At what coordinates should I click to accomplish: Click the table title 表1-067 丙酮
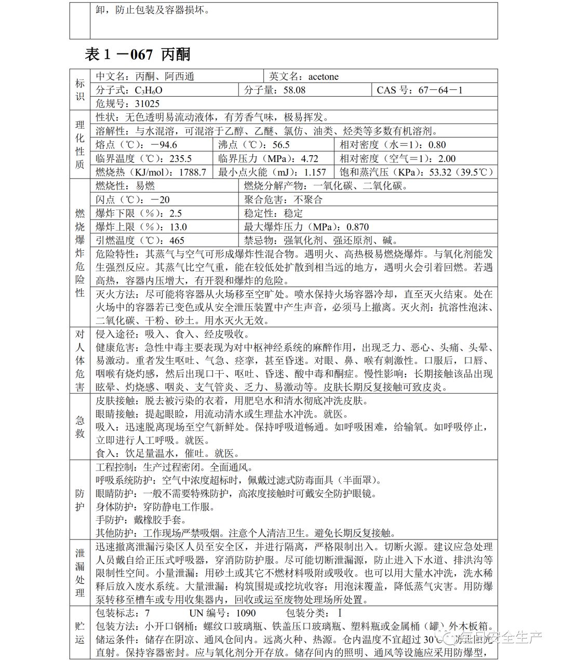point(137,54)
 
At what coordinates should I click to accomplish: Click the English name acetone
point(323,77)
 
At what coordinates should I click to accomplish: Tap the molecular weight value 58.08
point(292,90)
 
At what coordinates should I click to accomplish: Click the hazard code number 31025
point(147,104)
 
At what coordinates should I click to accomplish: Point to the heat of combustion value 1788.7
point(192,172)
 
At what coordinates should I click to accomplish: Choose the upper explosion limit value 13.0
point(178,227)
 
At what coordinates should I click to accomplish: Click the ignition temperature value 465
point(177,240)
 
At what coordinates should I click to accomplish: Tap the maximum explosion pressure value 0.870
point(357,227)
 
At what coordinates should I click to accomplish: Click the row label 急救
point(80,427)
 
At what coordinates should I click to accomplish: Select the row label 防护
point(80,499)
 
